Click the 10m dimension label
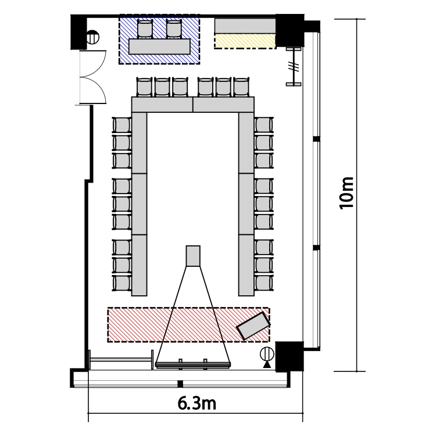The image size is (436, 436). click(x=346, y=192)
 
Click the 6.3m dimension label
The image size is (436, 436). click(x=197, y=403)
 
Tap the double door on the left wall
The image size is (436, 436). click(x=93, y=77)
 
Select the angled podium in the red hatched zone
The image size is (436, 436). click(x=253, y=326)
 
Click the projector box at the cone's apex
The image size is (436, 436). click(x=193, y=256)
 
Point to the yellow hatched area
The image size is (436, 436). click(x=245, y=41)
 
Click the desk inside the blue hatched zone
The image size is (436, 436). click(x=159, y=47)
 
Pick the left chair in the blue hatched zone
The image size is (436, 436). click(x=145, y=28)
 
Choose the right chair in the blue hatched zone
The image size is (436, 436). click(x=174, y=28)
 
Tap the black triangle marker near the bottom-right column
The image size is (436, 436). click(x=267, y=364)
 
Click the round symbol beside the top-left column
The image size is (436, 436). click(x=92, y=37)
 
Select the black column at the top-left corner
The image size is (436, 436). click(x=78, y=32)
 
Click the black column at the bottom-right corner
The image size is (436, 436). click(x=290, y=356)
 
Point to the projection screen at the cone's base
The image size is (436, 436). click(x=193, y=364)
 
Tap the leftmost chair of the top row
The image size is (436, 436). click(x=145, y=87)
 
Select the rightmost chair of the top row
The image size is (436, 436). click(x=241, y=87)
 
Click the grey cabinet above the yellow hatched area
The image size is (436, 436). click(x=245, y=26)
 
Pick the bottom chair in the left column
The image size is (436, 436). click(x=122, y=283)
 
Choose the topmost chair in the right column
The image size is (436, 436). click(x=263, y=125)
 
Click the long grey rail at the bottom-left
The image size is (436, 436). click(x=121, y=359)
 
